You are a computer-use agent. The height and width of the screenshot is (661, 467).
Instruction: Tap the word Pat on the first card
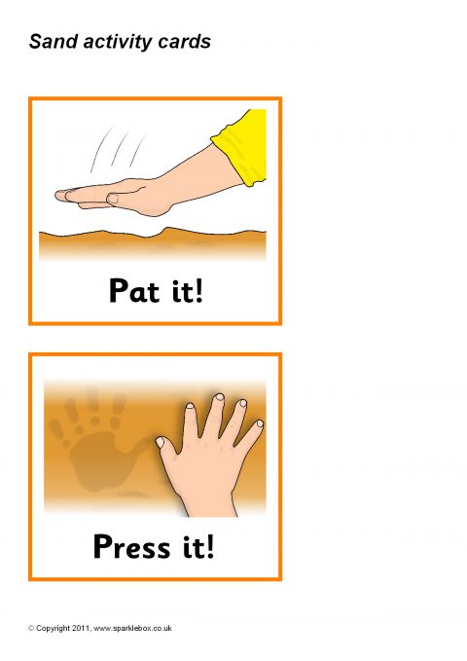click(134, 290)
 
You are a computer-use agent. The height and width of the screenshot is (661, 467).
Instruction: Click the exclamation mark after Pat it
click(198, 290)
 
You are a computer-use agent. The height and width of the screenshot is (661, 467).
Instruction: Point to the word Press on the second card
click(132, 546)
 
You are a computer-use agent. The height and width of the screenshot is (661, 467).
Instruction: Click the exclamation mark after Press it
click(209, 546)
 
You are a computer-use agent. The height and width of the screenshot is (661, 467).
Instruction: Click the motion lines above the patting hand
click(117, 150)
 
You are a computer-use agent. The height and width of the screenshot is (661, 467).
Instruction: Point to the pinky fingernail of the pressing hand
click(260, 423)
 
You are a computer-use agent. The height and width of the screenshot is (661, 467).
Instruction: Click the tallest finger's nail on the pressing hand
click(219, 397)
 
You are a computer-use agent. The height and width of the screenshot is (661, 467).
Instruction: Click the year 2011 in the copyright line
click(81, 628)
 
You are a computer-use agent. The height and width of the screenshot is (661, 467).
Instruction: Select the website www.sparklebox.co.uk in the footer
click(132, 628)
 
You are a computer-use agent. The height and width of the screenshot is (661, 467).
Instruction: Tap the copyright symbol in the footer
click(31, 628)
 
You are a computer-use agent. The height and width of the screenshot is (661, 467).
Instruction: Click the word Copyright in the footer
click(53, 629)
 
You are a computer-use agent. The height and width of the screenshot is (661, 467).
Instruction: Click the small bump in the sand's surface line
click(167, 230)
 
